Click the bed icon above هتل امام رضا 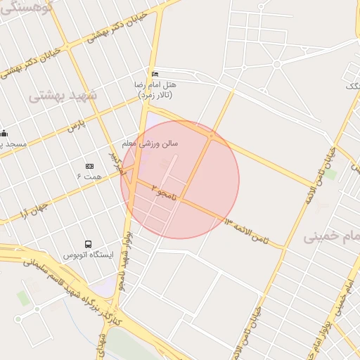[155, 75]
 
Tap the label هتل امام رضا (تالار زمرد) [156, 89]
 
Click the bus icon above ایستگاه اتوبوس [88, 243]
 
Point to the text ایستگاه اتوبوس [88, 254]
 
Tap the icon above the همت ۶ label [89, 166]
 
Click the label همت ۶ [89, 176]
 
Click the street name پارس [75, 127]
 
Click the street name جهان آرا [34, 208]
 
